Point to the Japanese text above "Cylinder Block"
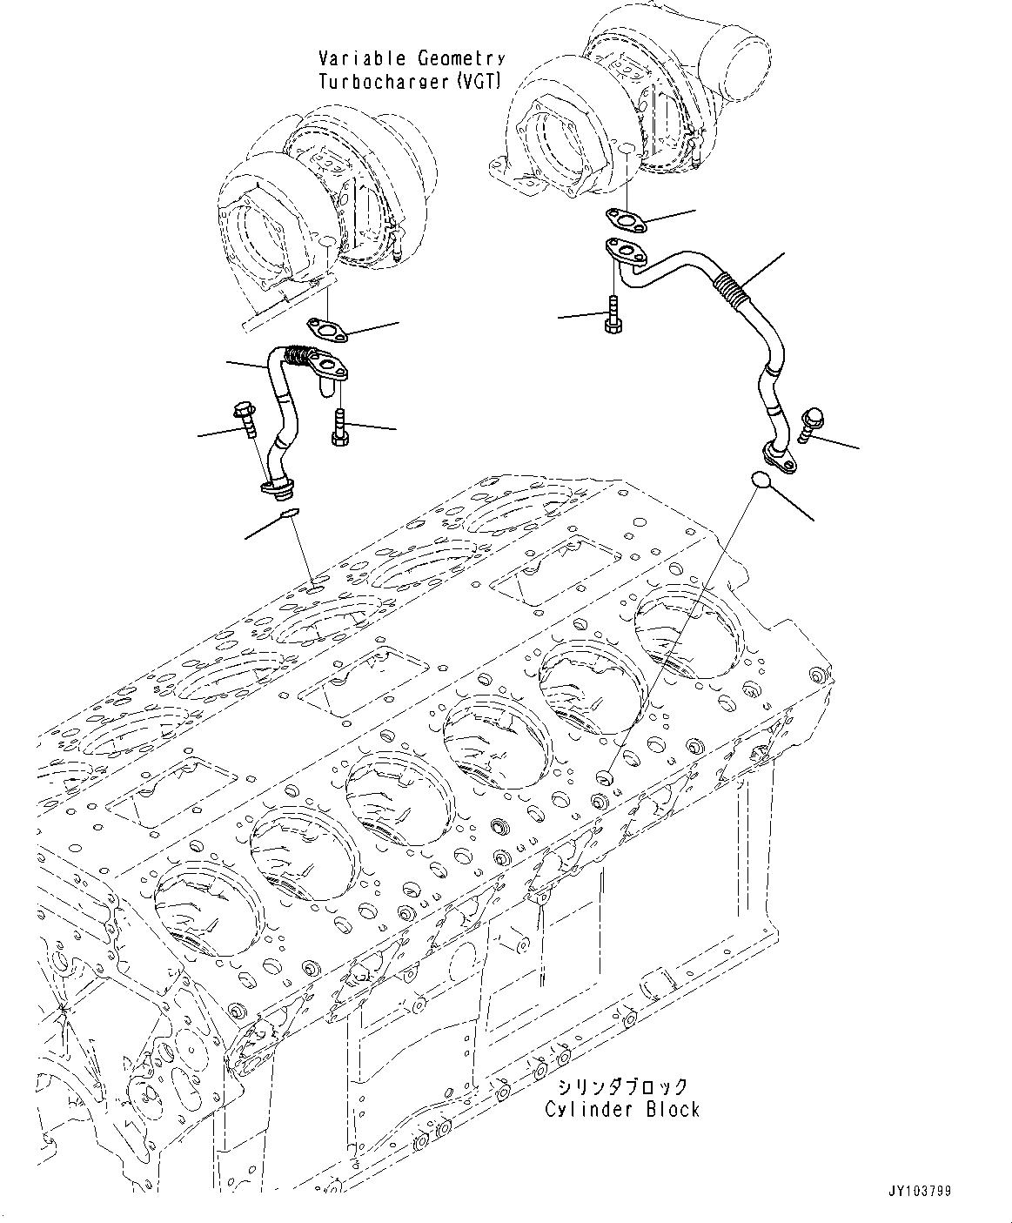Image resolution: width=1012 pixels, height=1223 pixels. [x=622, y=1086]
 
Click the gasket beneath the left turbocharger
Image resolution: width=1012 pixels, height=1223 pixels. [x=325, y=329]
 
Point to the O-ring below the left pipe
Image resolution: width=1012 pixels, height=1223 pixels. [x=289, y=515]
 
